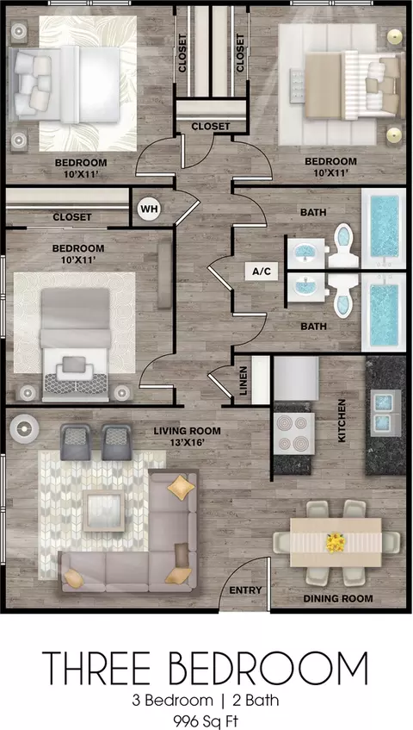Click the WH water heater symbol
149,209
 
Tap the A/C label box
262,271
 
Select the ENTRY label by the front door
246,590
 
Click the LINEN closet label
243,381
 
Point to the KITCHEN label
342,421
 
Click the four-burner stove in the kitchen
293,434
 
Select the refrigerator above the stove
296,378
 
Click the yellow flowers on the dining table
335,543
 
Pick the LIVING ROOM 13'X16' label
188,436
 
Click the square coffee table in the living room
103,511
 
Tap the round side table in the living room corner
25,427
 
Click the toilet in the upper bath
342,246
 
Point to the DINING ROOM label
338,599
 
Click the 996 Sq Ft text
206,722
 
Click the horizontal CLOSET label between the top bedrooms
211,126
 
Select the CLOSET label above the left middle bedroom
72,217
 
